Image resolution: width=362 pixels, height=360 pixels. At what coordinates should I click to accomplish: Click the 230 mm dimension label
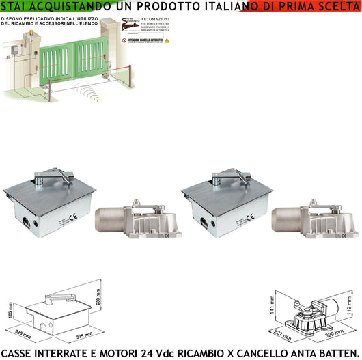pos(99,294)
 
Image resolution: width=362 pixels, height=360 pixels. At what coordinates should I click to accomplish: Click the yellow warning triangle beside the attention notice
pos(166,40)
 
